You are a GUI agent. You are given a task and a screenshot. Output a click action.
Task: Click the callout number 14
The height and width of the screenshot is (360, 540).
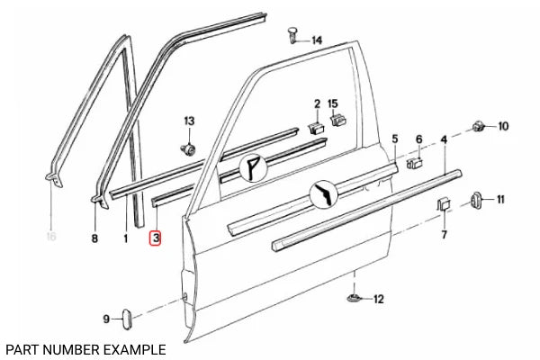pyautogui.click(x=317, y=40)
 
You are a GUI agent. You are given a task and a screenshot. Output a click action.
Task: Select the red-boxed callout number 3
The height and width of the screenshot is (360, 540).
pyautogui.click(x=156, y=238)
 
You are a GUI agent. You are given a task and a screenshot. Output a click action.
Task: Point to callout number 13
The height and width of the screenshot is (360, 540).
pyautogui.click(x=189, y=121)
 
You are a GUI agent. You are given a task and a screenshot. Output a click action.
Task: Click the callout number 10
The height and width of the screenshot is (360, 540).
pyautogui.click(x=503, y=126)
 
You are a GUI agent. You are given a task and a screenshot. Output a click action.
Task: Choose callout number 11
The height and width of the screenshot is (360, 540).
pyautogui.click(x=500, y=199)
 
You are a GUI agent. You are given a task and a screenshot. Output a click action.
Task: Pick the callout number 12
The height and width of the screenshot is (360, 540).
pyautogui.click(x=378, y=298)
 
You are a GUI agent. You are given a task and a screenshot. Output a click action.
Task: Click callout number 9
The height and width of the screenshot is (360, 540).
pyautogui.click(x=105, y=319)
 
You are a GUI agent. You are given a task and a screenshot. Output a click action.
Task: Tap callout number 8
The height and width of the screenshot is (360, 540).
pyautogui.click(x=94, y=238)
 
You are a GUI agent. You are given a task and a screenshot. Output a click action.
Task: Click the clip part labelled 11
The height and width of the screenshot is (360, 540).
pyautogui.click(x=474, y=200)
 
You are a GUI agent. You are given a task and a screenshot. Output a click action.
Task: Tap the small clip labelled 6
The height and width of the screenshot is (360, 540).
pyautogui.click(x=416, y=163)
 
